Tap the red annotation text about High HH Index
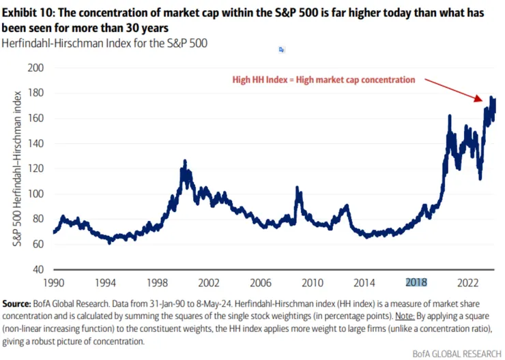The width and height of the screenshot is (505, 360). (x=323, y=80)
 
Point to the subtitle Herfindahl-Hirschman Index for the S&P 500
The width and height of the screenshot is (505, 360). (x=105, y=43)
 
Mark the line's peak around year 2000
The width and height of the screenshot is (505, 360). (x=184, y=162)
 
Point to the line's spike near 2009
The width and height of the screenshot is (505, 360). (x=297, y=187)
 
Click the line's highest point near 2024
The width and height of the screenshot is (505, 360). (x=491, y=97)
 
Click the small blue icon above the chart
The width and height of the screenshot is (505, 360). (x=281, y=50)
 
